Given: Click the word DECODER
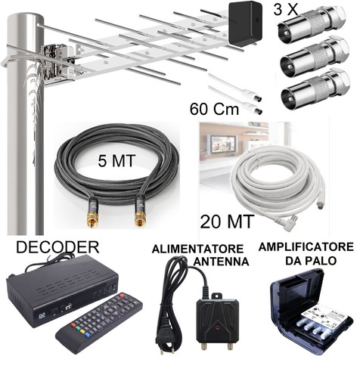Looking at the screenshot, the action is (57, 247).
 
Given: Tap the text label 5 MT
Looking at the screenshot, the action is (116, 160).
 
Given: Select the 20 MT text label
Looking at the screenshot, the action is (227, 222).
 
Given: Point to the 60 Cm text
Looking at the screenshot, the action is (214, 109).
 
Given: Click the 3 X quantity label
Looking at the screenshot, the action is (285, 9).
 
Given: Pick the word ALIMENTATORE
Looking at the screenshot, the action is (197, 249).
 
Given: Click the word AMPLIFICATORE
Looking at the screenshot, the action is (306, 247).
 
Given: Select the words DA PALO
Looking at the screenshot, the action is (311, 261).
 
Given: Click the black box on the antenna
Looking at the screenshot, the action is (246, 24).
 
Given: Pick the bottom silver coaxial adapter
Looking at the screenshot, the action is (315, 88).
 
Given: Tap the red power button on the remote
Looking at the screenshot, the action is (123, 296).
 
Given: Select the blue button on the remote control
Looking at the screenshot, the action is (88, 335).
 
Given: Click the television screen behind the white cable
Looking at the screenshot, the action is (219, 143).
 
